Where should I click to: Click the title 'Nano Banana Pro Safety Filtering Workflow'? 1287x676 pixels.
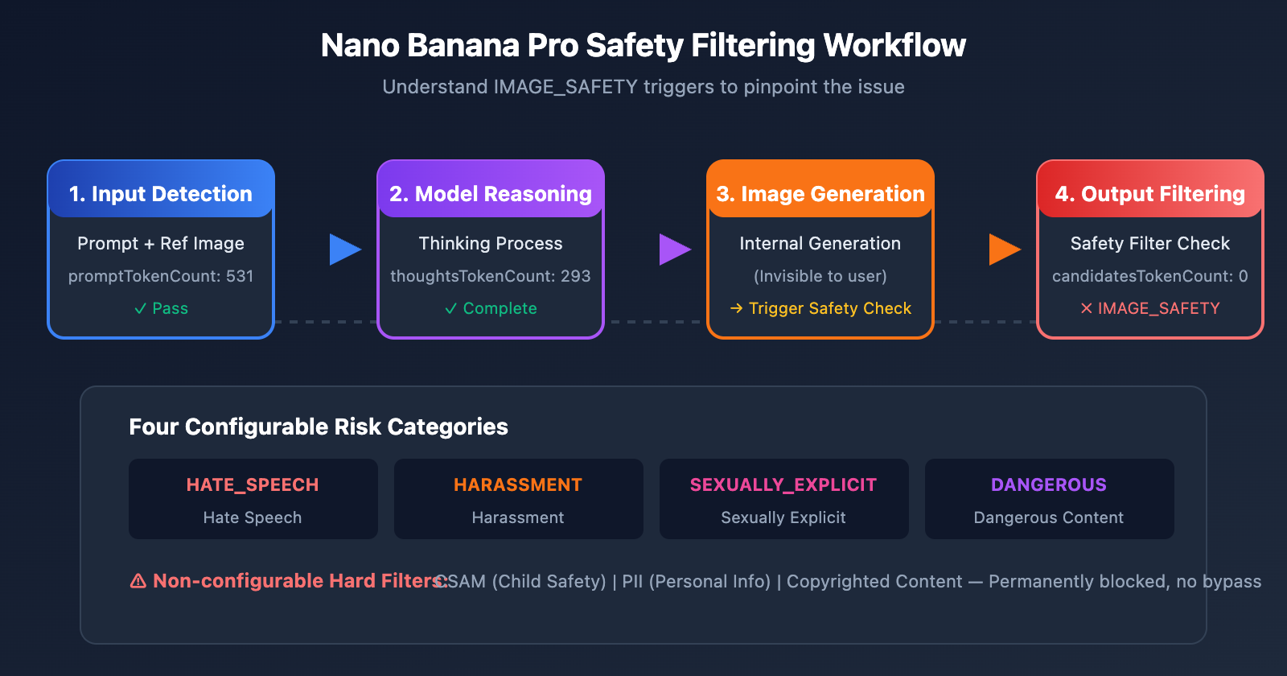click(643, 46)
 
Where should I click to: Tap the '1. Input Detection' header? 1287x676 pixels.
click(161, 194)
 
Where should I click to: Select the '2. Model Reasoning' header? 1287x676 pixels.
click(491, 194)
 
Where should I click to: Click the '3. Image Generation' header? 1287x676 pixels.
click(820, 194)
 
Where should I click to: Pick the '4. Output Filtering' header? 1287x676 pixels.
click(1150, 194)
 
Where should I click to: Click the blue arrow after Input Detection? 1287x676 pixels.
click(344, 249)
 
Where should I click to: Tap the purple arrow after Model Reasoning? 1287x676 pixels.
click(674, 249)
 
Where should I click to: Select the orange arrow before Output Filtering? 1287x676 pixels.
click(1004, 249)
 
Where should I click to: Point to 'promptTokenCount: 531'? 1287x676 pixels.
click(161, 276)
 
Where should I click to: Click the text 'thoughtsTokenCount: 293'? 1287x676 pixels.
click(491, 276)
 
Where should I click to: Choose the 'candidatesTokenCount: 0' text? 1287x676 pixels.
click(1150, 276)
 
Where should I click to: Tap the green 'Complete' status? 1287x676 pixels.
click(491, 308)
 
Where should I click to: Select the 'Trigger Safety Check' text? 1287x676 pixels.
click(829, 308)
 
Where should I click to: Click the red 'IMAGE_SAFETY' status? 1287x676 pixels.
click(1158, 308)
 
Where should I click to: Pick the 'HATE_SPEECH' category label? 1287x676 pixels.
click(253, 484)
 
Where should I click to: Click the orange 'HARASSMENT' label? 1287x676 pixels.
click(518, 484)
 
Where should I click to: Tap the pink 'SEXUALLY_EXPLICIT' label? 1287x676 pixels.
click(783, 484)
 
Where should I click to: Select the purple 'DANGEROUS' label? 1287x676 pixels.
click(1049, 484)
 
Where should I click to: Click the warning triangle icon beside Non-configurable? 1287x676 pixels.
click(138, 581)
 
